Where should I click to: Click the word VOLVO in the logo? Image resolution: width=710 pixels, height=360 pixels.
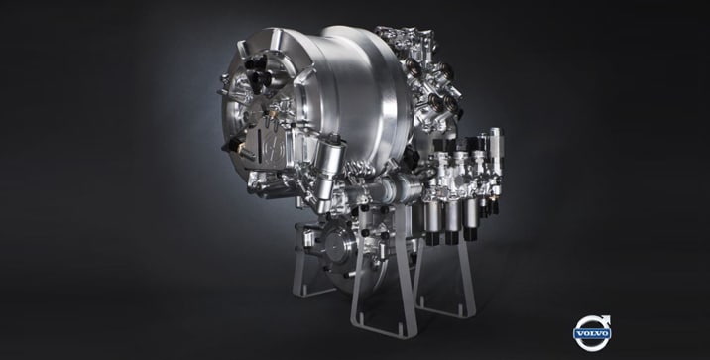(x=592, y=334)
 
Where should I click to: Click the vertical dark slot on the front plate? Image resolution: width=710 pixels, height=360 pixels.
(x=259, y=144)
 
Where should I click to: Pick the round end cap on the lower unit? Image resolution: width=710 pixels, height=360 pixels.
(x=337, y=246)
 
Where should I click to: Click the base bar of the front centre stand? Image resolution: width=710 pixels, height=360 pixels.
(x=384, y=332)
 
